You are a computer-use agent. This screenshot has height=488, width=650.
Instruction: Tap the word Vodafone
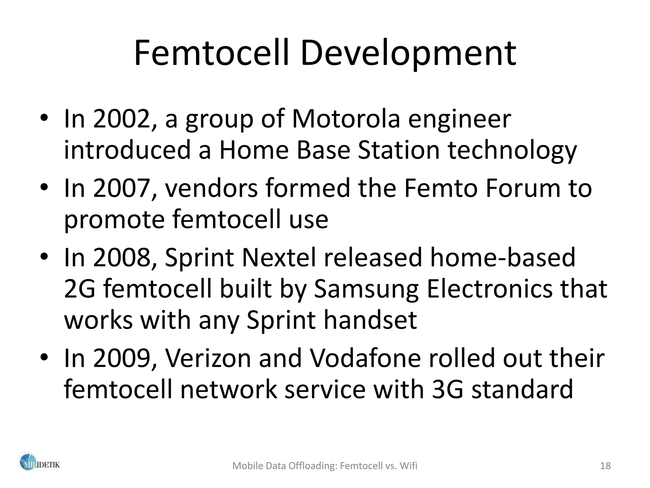pyautogui.click(x=365, y=358)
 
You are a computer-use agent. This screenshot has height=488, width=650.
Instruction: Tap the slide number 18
pyautogui.click(x=606, y=466)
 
